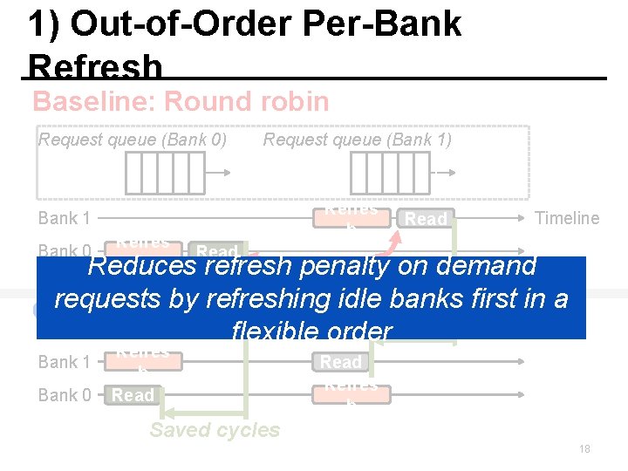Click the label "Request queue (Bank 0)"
[133, 140]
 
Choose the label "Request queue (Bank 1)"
[358, 140]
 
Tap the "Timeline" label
[567, 218]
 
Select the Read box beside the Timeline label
[427, 219]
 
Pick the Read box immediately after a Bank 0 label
[133, 395]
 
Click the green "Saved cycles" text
[215, 430]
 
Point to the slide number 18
[584, 448]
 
